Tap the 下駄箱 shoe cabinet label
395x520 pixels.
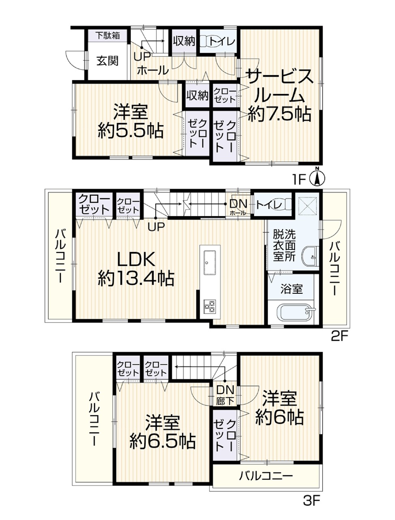[108, 35]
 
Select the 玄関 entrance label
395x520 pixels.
[108, 61]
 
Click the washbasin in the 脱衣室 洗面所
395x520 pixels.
[310, 257]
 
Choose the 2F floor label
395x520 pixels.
[339, 336]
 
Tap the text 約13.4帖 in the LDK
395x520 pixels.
[136, 279]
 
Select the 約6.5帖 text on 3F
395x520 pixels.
[163, 441]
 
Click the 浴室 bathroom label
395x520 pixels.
[291, 289]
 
